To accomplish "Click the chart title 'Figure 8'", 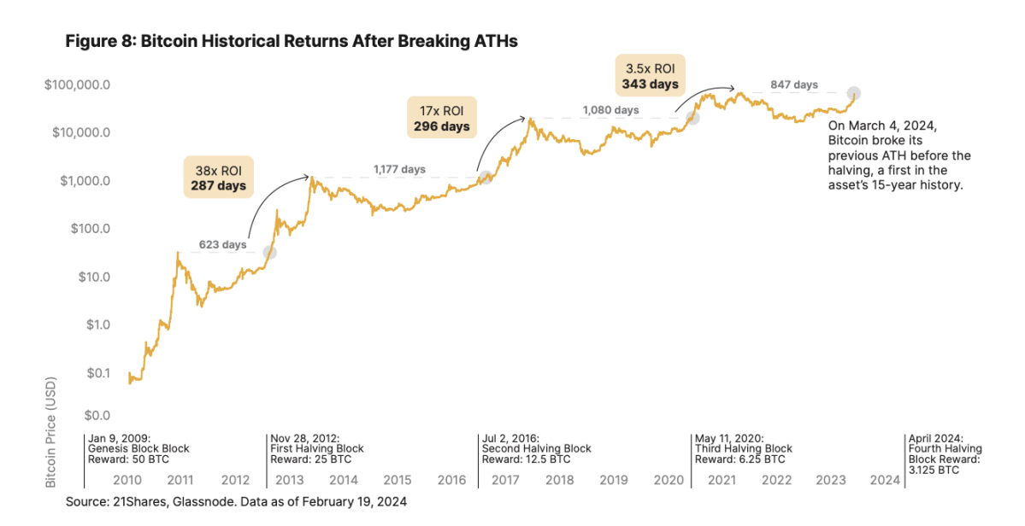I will click(292, 41).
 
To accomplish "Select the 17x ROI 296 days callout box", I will click(440, 118).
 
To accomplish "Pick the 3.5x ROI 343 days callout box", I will click(650, 75).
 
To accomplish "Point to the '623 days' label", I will click(222, 246).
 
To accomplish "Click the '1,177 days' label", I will click(399, 169).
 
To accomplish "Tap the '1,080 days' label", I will click(610, 110).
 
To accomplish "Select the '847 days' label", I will click(793, 85).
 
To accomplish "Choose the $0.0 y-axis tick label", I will click(97, 416).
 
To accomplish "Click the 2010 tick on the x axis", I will click(127, 481).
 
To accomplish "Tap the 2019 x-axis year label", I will click(614, 481).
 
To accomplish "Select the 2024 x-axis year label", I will click(884, 481).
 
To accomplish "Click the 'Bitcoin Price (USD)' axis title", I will click(51, 433).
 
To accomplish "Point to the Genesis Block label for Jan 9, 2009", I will click(139, 448).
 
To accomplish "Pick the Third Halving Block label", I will click(744, 448).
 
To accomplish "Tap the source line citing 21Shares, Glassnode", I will click(236, 502).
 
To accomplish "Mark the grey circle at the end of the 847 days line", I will click(853, 92).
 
